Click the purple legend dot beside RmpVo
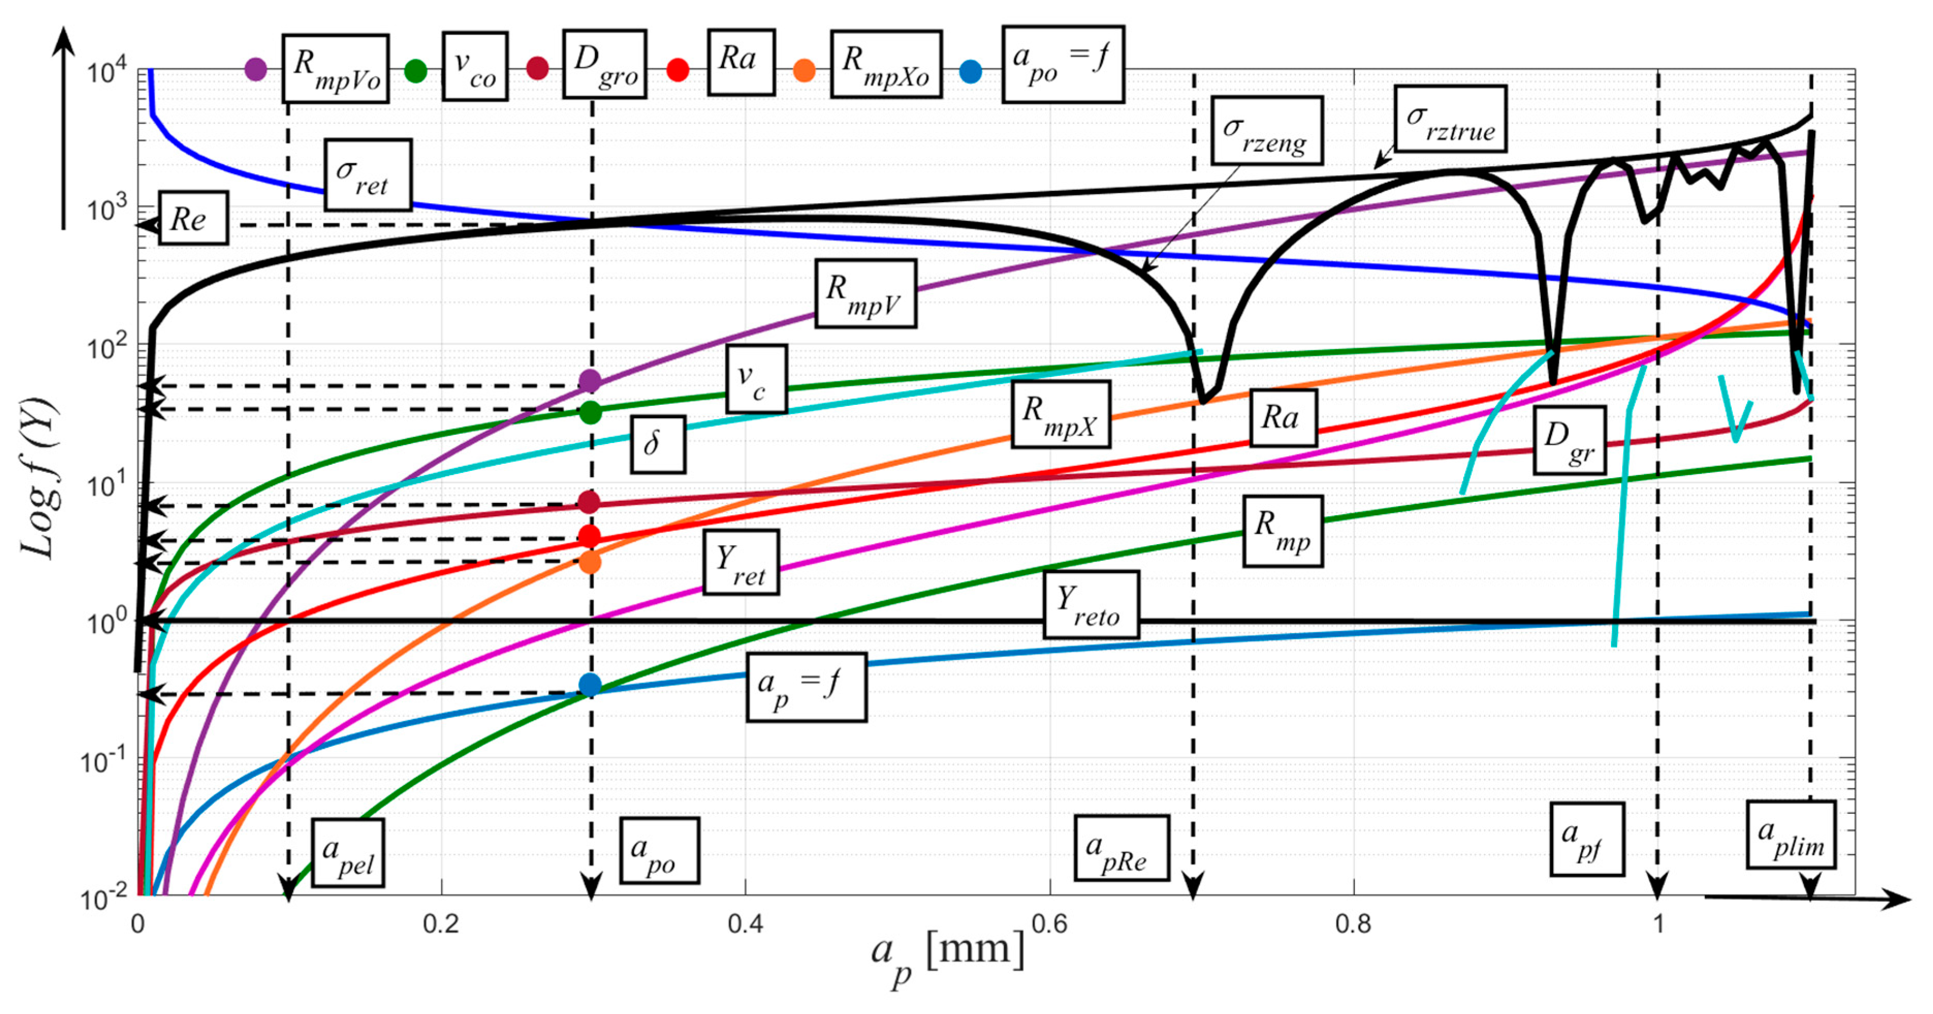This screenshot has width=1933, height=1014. (x=256, y=70)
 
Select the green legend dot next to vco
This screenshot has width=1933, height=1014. (x=415, y=71)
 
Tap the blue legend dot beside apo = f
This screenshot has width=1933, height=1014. (x=970, y=73)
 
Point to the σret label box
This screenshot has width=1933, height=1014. (x=368, y=175)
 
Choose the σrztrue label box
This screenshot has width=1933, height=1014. (x=1450, y=119)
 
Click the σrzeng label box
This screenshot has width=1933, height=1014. (x=1267, y=130)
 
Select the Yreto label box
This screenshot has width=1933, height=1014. (x=1090, y=605)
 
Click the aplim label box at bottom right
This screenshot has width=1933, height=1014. (x=1791, y=835)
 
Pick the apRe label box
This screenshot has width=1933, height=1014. (x=1121, y=847)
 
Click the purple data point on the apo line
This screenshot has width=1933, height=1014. (x=590, y=381)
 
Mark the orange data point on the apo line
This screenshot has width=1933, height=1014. (x=590, y=562)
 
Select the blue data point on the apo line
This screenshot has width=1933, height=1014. (x=590, y=685)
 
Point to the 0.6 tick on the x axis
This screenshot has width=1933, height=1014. (x=1049, y=924)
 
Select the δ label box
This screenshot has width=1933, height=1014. (x=658, y=444)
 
